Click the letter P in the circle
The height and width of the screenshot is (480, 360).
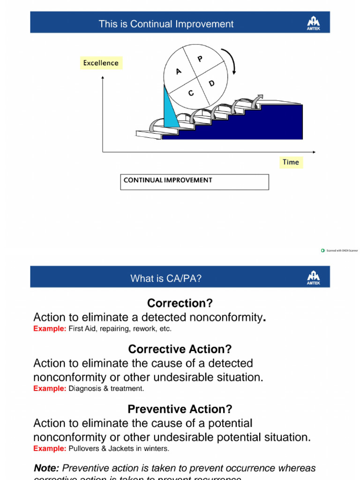(x=200, y=59)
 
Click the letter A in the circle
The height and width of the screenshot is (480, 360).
(x=178, y=71)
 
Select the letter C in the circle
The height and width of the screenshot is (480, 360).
(x=191, y=93)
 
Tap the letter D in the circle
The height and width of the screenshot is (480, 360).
(x=211, y=83)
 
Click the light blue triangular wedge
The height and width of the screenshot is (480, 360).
(x=170, y=112)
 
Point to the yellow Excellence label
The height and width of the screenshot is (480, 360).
(x=101, y=63)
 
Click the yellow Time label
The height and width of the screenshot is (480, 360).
(x=291, y=162)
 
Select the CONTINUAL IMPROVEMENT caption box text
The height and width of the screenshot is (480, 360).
(x=167, y=180)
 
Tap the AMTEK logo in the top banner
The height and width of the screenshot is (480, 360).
(x=313, y=22)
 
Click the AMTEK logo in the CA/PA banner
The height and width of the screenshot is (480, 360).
(x=313, y=278)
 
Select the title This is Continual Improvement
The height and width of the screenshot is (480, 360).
(x=166, y=24)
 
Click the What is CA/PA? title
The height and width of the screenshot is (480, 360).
(x=166, y=279)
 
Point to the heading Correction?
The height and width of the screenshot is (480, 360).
(x=176, y=302)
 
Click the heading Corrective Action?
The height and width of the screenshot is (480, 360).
(x=180, y=349)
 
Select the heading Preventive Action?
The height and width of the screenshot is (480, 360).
(x=180, y=409)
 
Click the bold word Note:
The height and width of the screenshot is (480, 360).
(x=46, y=468)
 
